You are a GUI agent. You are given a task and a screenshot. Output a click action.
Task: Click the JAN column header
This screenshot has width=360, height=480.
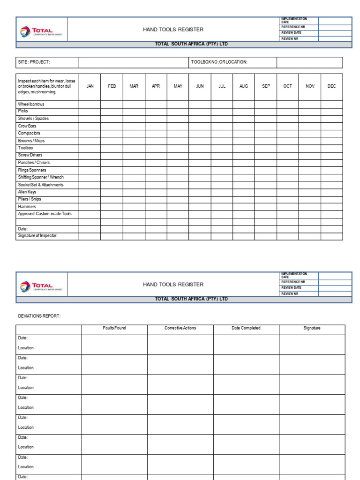90,86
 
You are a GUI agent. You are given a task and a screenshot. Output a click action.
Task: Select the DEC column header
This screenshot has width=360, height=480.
332,86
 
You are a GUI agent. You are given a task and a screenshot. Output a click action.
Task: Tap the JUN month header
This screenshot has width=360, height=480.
200,86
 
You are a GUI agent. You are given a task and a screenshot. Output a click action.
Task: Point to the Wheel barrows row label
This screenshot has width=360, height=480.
31,104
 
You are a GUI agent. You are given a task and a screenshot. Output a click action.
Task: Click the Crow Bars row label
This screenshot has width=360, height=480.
27,126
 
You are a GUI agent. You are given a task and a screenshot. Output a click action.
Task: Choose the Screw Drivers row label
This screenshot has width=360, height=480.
30,155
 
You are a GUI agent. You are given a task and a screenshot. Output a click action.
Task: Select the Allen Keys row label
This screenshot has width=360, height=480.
27,192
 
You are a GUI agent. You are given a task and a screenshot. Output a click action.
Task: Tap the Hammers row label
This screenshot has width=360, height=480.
27,206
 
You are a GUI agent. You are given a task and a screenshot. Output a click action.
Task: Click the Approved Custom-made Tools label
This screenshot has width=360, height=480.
45,214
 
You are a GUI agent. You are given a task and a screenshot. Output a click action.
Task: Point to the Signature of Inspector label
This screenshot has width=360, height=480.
37,236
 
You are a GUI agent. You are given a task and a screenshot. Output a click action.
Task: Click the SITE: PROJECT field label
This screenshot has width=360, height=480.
34,62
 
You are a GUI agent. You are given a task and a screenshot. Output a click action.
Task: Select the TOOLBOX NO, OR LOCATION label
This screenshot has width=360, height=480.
219,62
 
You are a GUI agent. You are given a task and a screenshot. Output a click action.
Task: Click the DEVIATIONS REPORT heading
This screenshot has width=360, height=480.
39,316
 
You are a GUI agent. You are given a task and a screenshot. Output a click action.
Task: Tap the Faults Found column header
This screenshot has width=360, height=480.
114,328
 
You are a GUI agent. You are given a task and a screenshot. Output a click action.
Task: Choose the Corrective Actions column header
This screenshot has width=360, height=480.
180,328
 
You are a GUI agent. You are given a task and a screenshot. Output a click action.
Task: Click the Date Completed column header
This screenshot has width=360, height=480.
246,328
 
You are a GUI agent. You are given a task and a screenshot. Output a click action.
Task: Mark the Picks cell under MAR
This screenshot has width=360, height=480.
134,111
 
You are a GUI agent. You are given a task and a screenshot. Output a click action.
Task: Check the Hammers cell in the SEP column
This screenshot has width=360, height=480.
266,206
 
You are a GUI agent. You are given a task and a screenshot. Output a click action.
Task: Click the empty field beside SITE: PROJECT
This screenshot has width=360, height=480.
134,62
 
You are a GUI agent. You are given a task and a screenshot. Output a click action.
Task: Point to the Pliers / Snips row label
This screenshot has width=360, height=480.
30,199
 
